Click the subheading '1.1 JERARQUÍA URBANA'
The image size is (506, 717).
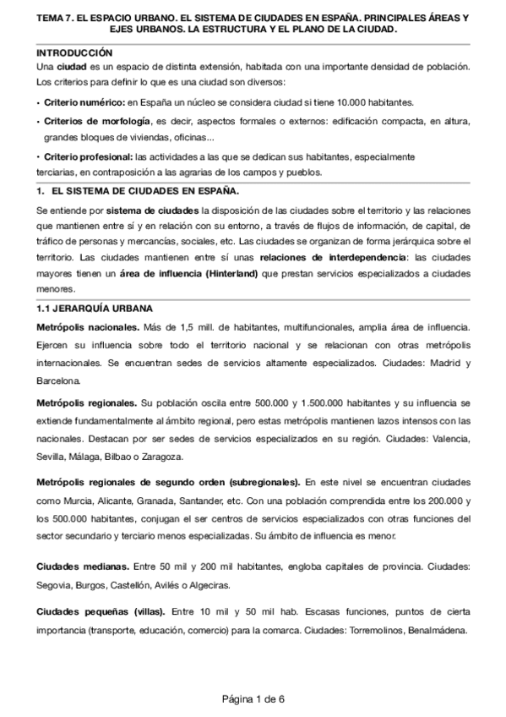[95, 308]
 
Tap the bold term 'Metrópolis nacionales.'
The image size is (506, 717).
[89, 326]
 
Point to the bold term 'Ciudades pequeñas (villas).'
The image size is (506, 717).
[101, 612]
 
